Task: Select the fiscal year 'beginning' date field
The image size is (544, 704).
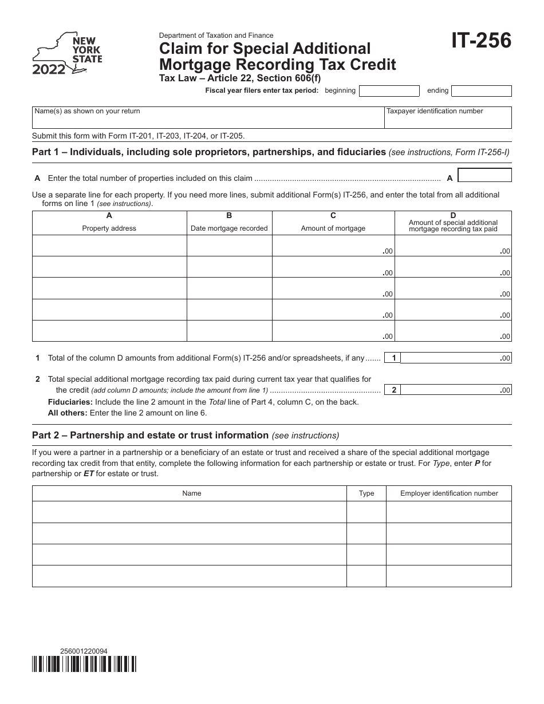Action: (389, 91)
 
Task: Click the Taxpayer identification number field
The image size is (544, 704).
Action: (448, 118)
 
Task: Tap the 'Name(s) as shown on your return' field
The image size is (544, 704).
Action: (208, 118)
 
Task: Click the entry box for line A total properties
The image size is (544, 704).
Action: (485, 175)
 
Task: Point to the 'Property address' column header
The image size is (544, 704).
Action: (109, 228)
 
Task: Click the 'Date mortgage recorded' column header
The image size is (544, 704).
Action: (229, 228)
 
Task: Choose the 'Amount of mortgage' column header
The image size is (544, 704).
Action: (333, 228)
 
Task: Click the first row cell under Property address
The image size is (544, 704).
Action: (109, 246)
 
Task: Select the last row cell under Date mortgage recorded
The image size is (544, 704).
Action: (229, 331)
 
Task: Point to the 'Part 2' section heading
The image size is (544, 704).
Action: (149, 435)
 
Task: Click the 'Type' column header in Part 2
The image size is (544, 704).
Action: (366, 493)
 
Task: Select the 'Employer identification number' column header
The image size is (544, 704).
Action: (449, 493)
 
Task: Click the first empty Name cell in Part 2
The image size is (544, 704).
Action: (190, 512)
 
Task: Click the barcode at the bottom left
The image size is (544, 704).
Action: (84, 663)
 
